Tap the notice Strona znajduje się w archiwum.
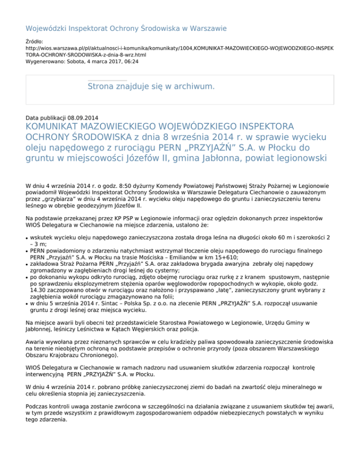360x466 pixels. [151, 87]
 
